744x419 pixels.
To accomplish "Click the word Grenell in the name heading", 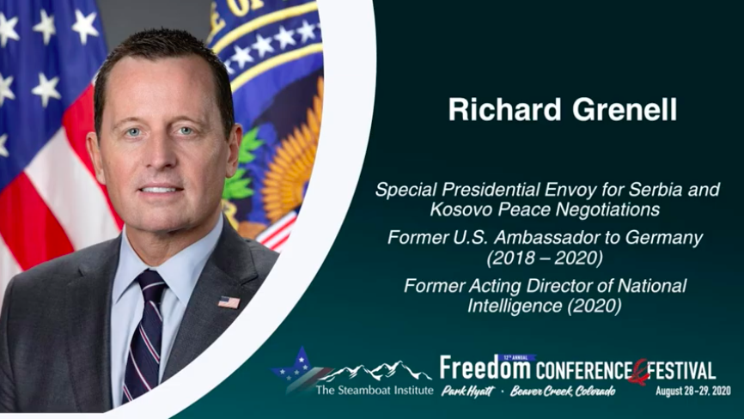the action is (x=625, y=110).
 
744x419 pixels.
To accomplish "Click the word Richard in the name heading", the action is (x=505, y=109).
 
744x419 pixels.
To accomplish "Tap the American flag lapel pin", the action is (x=229, y=302).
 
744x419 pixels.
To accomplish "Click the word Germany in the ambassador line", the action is (x=664, y=238).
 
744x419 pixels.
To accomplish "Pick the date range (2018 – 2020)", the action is (x=545, y=258).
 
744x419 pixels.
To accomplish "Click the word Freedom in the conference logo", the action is (x=485, y=367).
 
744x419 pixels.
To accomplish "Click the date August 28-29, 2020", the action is (x=693, y=391).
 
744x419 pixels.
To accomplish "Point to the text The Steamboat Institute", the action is (x=375, y=391).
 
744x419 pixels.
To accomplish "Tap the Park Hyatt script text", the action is (x=468, y=391).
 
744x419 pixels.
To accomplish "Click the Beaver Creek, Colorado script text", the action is (x=563, y=391).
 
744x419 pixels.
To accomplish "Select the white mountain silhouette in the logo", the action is (x=375, y=371).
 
